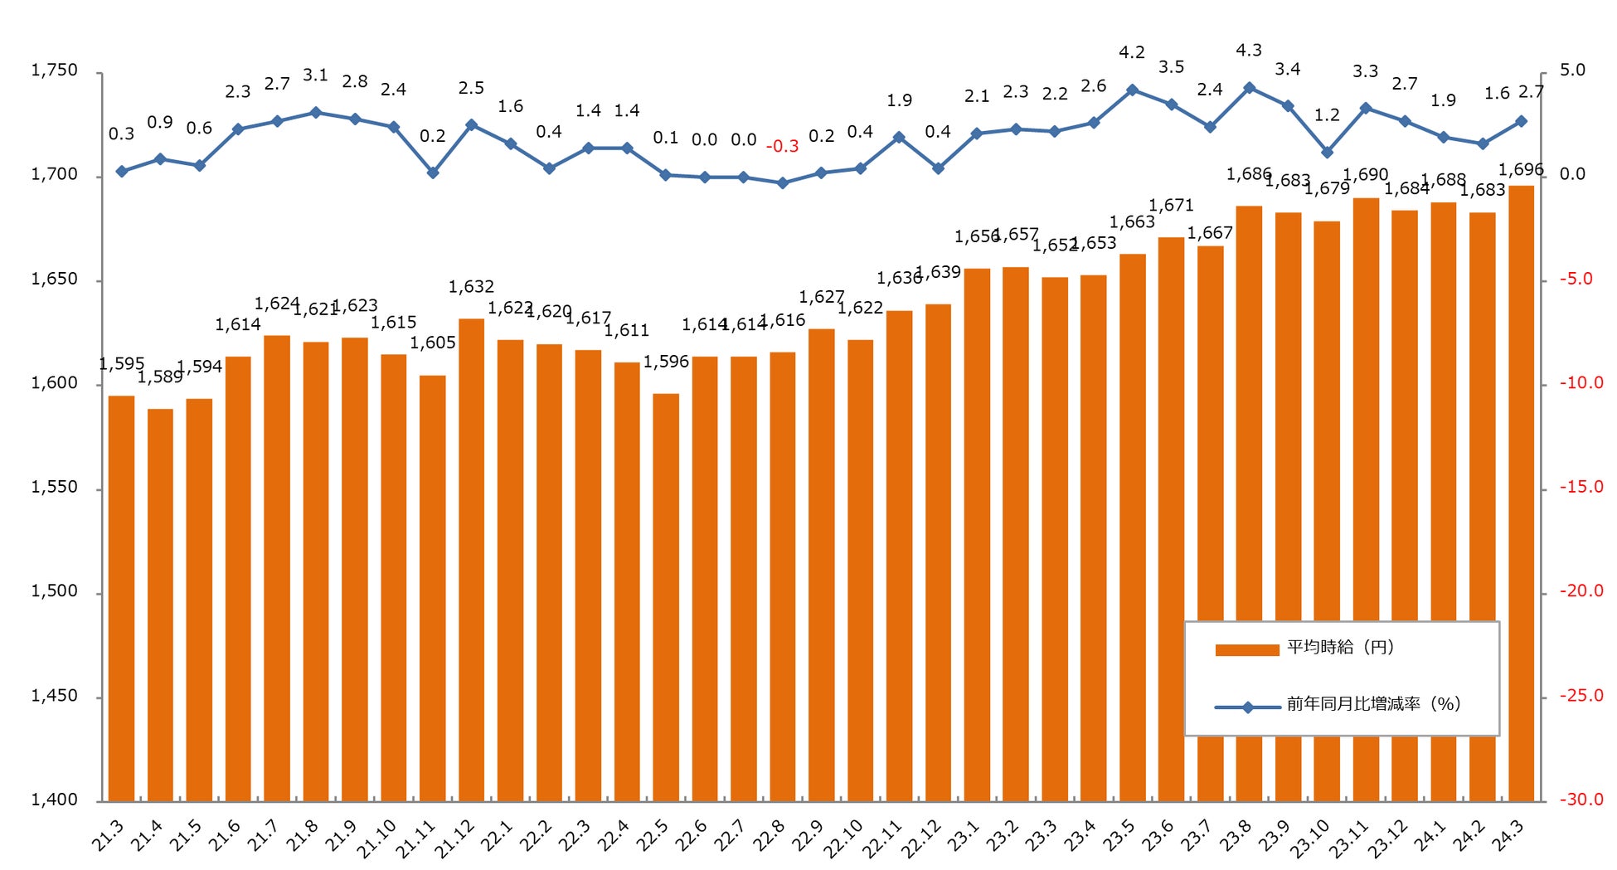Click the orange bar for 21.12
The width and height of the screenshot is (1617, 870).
pos(471,560)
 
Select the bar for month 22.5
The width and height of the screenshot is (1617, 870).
pos(666,597)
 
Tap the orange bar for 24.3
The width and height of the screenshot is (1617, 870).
pos(1521,493)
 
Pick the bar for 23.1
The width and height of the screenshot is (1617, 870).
pos(977,535)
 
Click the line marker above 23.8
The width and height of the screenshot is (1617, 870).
pos(1249,88)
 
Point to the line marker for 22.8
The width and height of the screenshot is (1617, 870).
pos(782,182)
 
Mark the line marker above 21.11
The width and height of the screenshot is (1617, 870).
pos(433,173)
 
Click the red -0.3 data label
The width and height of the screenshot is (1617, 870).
pos(782,147)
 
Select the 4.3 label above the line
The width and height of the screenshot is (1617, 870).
pos(1249,51)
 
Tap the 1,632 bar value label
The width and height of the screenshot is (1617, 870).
pos(471,287)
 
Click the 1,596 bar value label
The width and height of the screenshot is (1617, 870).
pos(666,362)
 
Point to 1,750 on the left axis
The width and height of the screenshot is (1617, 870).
pos(54,70)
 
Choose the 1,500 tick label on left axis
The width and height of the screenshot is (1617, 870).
pos(54,591)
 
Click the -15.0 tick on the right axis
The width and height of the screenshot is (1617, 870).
pos(1581,487)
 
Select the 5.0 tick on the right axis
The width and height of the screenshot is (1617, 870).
pos(1572,70)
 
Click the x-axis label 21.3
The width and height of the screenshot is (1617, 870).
pos(108,836)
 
